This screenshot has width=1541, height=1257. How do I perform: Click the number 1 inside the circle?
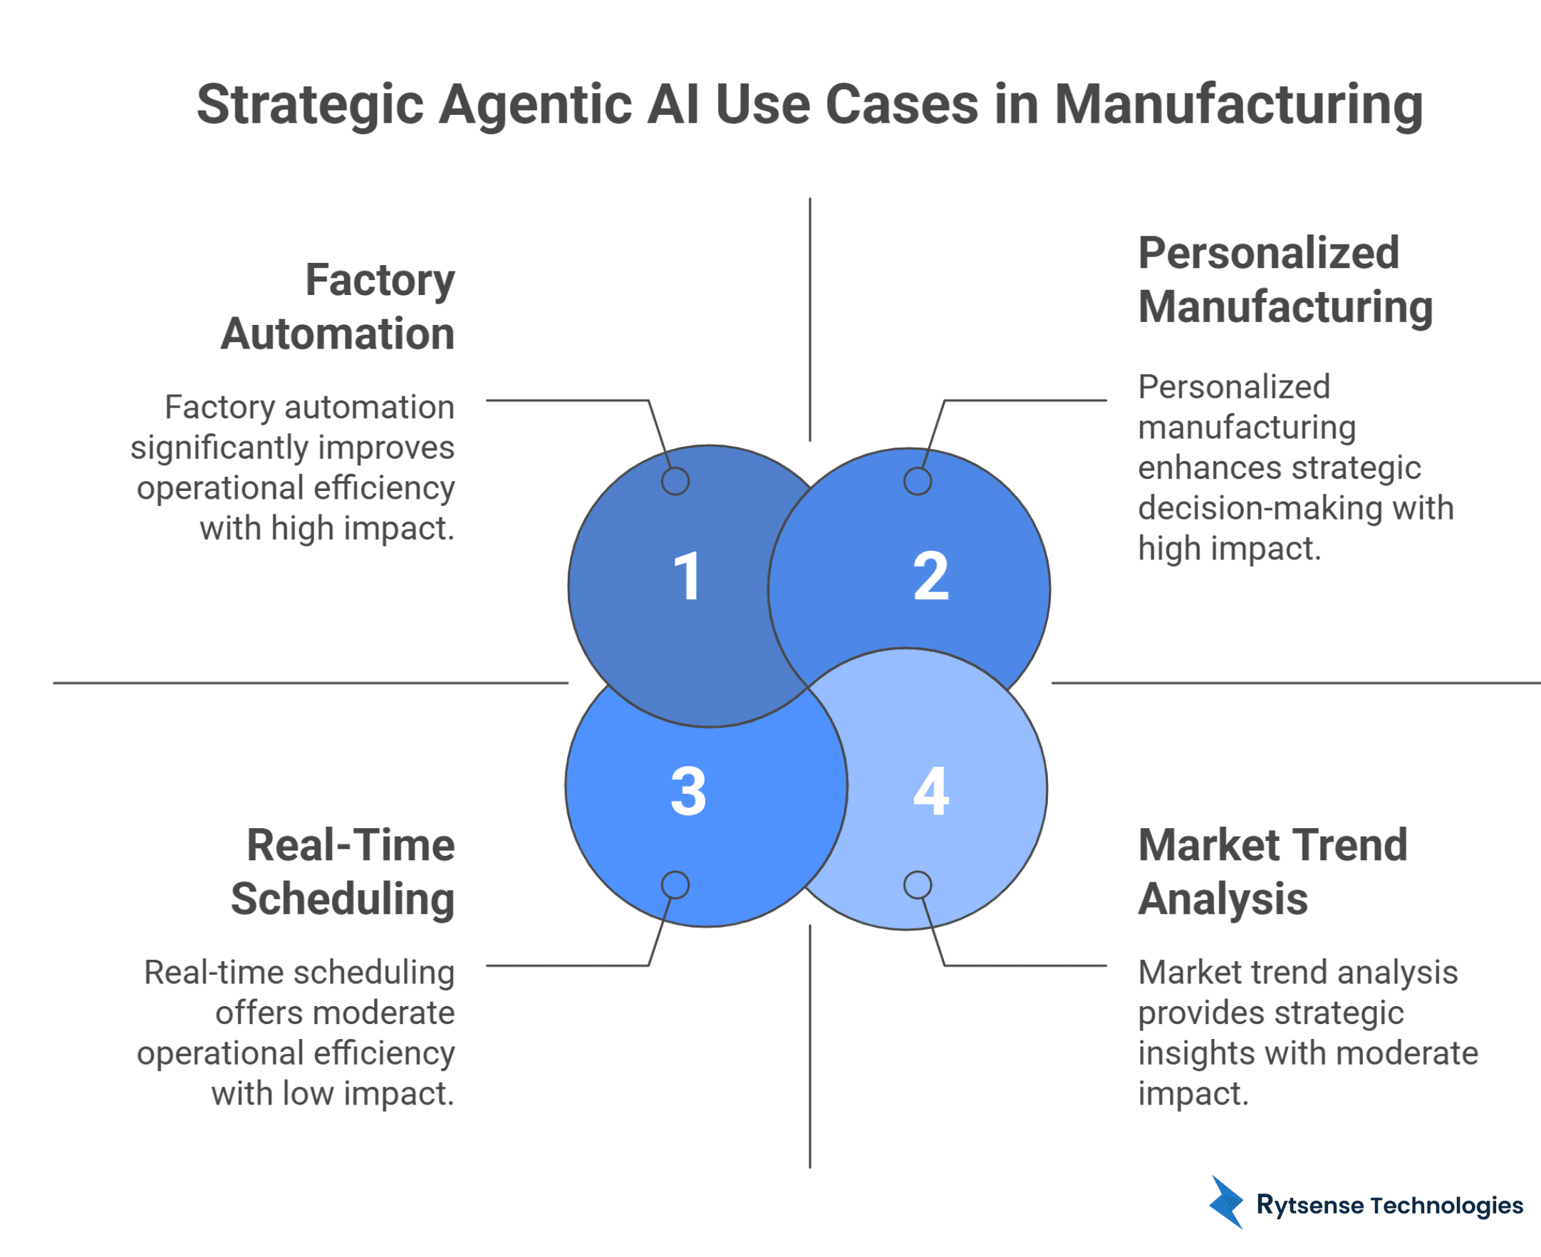point(686,576)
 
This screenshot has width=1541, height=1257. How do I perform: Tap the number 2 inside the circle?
point(931,576)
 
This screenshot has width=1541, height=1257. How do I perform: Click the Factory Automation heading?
point(338,306)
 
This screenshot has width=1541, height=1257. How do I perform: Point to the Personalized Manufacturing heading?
point(1285,279)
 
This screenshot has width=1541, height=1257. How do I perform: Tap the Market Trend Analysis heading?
point(1272,871)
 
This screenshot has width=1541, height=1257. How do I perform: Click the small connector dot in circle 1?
point(675,482)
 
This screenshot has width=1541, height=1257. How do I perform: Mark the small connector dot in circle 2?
point(917,482)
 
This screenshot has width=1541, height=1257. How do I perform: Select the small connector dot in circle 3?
point(675,885)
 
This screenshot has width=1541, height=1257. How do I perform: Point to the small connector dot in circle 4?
point(917,885)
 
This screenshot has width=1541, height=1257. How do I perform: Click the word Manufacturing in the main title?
point(1238,105)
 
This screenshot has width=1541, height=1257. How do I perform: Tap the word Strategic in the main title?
point(310,105)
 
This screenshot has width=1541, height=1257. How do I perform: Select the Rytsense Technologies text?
point(1390,1205)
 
